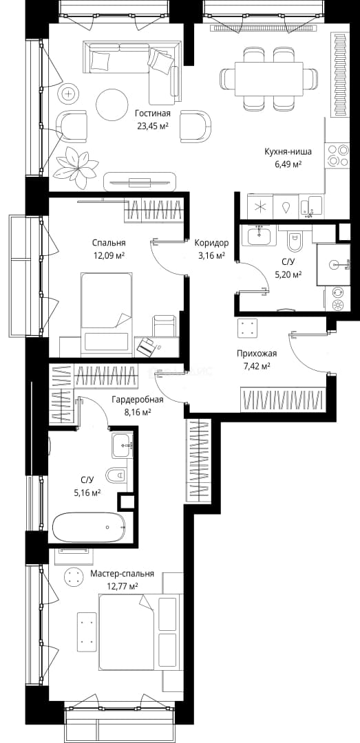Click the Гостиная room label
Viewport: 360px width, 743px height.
tap(152, 114)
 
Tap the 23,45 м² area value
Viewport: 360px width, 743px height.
tap(152, 126)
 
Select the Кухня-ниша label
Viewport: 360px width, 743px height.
tap(288, 152)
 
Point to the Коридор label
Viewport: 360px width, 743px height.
tap(211, 243)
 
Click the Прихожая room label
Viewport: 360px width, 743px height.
tap(257, 353)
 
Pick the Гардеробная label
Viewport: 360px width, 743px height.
tap(138, 400)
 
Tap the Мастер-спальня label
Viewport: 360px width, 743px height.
tap(123, 573)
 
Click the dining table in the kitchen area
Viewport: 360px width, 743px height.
tap(269, 78)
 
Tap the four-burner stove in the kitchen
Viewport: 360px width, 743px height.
tap(338, 155)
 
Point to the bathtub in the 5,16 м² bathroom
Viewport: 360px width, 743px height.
tap(89, 527)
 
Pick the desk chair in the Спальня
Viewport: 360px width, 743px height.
tap(164, 326)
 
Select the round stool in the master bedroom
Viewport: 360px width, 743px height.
tap(74, 577)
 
